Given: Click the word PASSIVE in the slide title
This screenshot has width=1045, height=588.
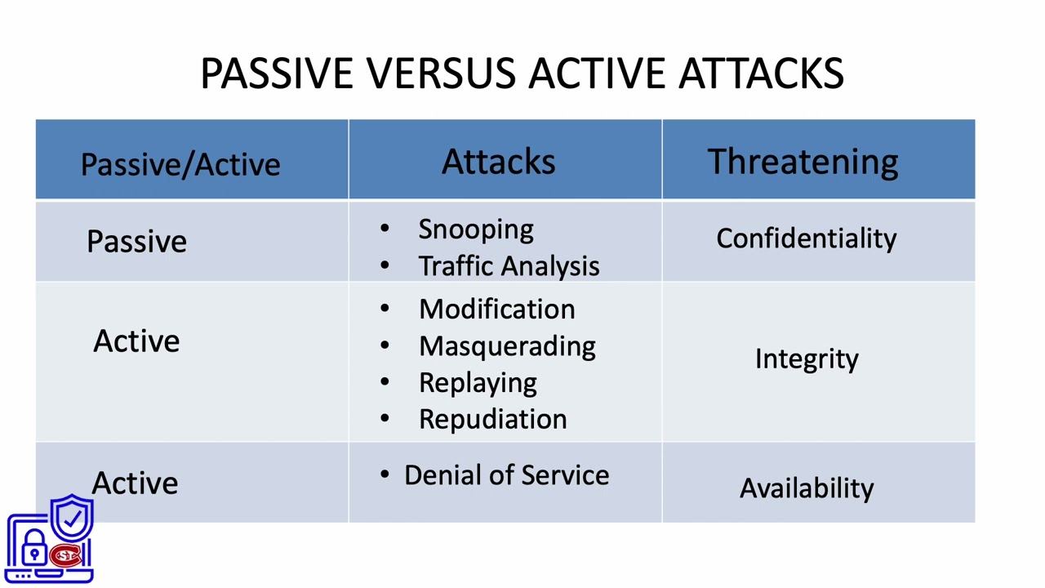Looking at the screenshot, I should [x=277, y=73].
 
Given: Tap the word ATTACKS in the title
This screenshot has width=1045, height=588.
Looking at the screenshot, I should [x=761, y=73].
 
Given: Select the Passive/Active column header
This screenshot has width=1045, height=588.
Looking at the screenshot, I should [x=180, y=164].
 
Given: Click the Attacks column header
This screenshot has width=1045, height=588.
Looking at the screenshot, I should [x=498, y=162].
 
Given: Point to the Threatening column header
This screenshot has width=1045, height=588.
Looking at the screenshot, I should [x=803, y=162].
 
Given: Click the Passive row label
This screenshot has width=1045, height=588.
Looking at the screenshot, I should [x=136, y=242].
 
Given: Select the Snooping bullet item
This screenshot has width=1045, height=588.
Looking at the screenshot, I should [x=475, y=229].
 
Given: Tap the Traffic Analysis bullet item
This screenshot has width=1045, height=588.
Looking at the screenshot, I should [x=509, y=266].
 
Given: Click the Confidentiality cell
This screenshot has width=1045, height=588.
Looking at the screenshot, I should [x=806, y=238].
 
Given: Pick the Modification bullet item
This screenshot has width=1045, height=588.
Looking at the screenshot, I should [x=496, y=310].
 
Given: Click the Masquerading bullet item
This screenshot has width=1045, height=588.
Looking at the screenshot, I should [x=507, y=346].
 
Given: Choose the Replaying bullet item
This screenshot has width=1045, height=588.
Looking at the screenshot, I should [x=478, y=383].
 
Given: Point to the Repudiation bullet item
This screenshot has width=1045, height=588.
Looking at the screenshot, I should [x=492, y=419].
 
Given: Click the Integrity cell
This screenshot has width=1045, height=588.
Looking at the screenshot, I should [x=806, y=359].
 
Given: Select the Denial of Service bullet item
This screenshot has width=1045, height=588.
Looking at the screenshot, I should [x=506, y=475].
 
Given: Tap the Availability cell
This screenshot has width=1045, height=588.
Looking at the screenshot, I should [x=806, y=488].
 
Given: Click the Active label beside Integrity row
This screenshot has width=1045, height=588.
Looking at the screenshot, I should [x=136, y=341].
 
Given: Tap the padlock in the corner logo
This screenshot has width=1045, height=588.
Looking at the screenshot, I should [x=34, y=549].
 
